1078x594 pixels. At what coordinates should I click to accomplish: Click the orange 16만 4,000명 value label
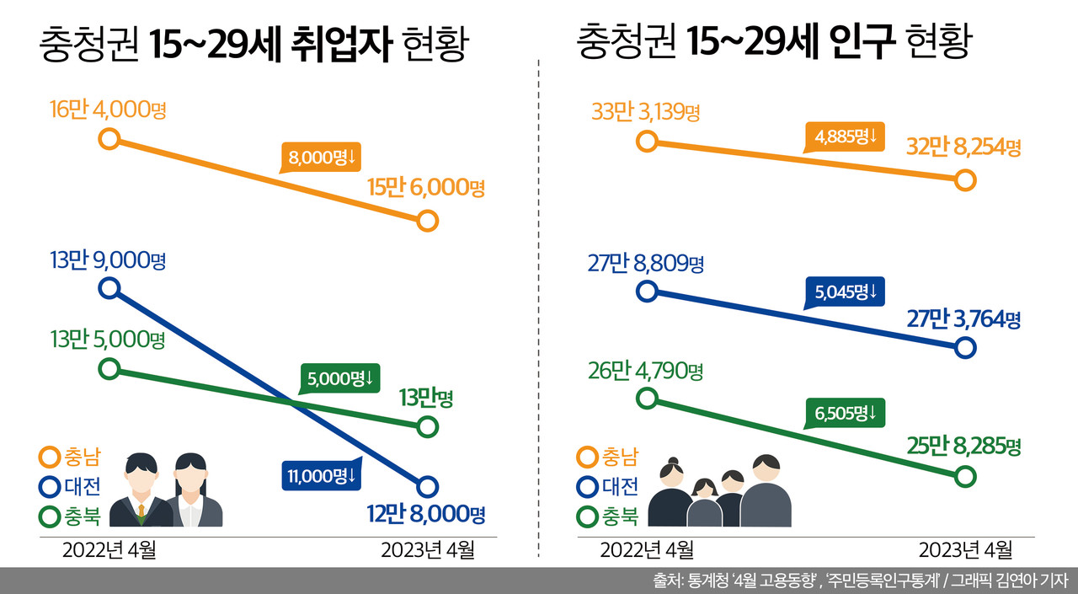pos(108,110)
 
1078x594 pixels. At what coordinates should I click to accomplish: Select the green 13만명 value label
pos(426,397)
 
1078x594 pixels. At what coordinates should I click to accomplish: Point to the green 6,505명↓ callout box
pos(845,413)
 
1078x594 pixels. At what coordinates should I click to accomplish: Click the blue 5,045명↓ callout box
pos(845,292)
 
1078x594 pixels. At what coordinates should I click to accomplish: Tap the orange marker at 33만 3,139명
pos(646,140)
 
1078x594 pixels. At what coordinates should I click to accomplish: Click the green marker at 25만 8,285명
pos(966,477)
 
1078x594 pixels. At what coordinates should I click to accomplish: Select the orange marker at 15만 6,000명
pos(428,222)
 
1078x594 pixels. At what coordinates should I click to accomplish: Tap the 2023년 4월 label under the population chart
pos(965,550)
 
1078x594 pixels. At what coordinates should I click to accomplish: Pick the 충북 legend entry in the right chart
pos(607,516)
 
